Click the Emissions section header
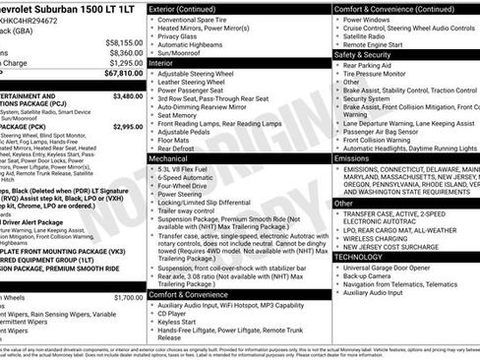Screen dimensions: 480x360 [x=352, y=157]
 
